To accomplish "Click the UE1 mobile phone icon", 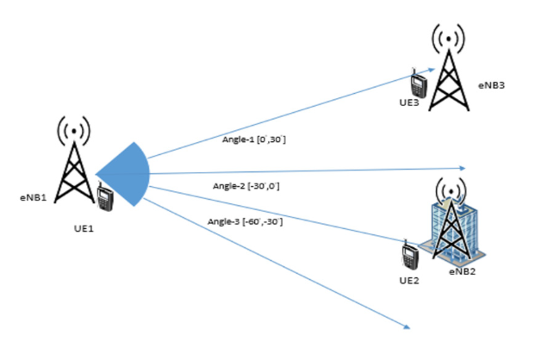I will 106,198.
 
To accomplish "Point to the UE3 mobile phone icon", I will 419,85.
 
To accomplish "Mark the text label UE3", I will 409,104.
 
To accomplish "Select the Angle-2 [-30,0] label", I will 246,184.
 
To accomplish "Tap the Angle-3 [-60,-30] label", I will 245,222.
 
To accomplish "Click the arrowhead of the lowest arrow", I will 405,326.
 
